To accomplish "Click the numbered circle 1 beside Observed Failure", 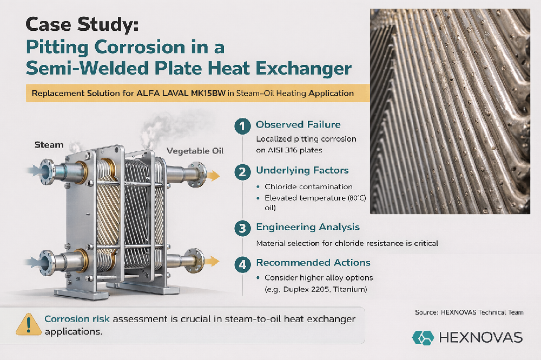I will point(242,125).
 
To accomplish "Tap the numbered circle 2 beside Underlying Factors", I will point(242,172).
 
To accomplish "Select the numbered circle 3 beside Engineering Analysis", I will point(242,228).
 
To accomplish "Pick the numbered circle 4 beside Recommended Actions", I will point(242,264).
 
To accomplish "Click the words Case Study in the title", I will point(76,25).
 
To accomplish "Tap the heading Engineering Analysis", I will point(307,227).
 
